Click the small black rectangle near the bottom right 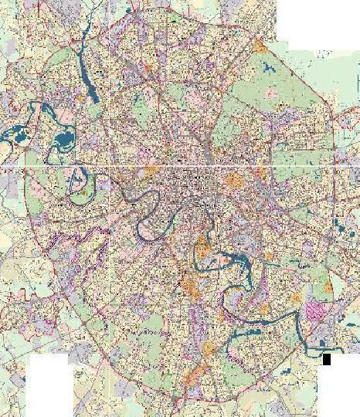coord(327,359)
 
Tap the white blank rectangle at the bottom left coord(50,386)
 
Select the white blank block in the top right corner coord(317,23)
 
